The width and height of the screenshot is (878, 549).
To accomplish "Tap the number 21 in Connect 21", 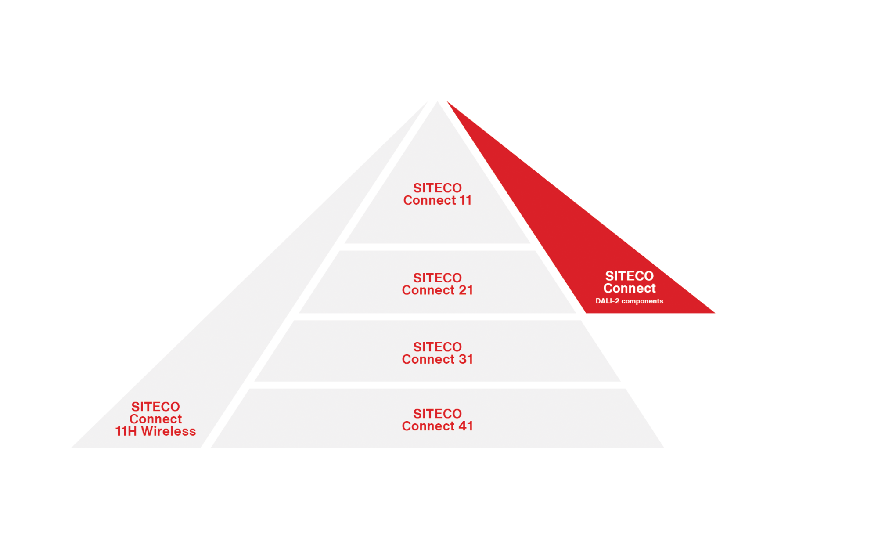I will [466, 290].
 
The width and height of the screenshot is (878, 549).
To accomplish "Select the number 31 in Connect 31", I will [466, 359].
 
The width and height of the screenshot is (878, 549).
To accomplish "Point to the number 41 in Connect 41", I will [466, 426].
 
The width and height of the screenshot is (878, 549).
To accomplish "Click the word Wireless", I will [168, 431].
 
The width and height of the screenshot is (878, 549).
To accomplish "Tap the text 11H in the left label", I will [126, 431].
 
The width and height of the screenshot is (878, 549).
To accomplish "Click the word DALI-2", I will [607, 301].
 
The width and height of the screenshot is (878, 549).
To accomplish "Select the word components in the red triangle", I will [642, 301].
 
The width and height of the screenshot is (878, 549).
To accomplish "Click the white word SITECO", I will [629, 276].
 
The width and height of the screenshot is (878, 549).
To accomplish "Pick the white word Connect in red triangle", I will [629, 289].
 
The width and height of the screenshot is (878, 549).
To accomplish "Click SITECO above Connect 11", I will [437, 188].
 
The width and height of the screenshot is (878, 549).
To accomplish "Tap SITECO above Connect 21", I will [437, 278].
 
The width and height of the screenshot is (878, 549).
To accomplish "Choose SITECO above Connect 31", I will [437, 347].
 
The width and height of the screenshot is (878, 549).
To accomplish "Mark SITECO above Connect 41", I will [437, 414].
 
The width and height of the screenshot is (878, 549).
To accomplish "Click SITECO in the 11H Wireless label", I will [155, 407].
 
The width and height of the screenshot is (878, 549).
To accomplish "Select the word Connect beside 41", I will [428, 426].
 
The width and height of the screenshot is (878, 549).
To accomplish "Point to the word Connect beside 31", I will [428, 359].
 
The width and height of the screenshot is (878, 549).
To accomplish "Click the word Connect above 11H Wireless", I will [155, 419].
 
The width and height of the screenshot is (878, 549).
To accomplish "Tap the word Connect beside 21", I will [428, 290].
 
